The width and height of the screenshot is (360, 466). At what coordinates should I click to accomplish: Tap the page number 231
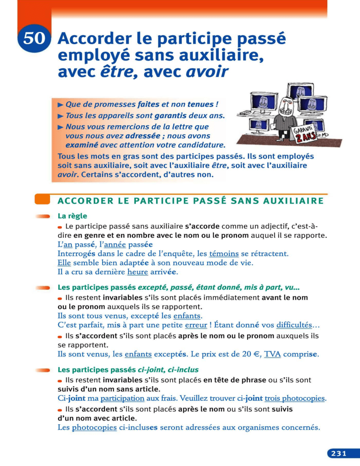tap(338, 453)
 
